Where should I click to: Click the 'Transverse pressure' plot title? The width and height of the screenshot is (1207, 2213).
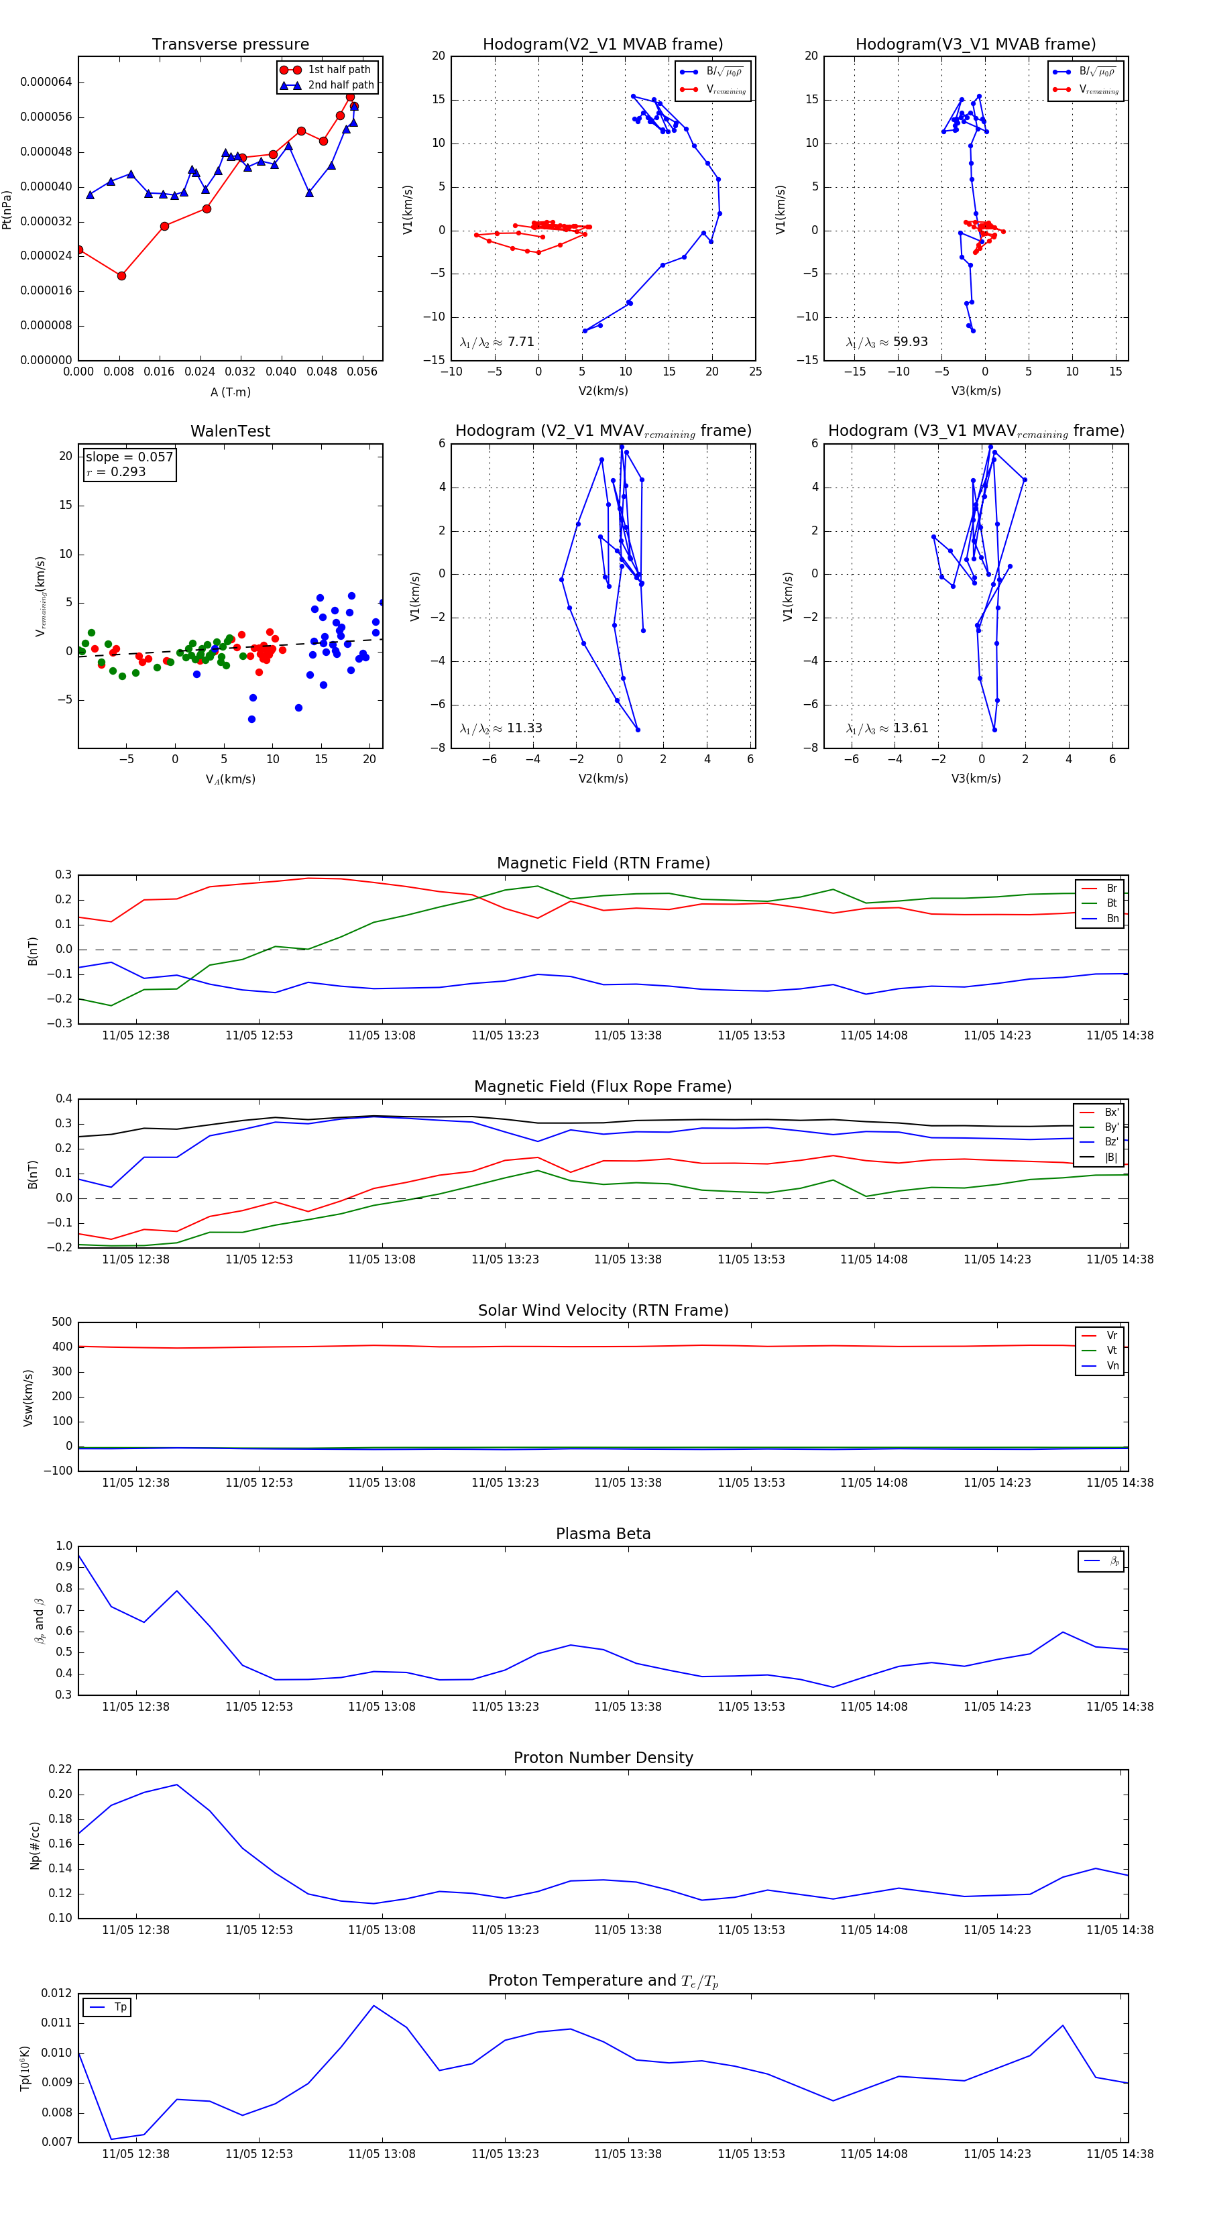click(230, 45)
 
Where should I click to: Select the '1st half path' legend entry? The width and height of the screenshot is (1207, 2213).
click(339, 70)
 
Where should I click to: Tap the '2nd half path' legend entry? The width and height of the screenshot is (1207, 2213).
click(340, 85)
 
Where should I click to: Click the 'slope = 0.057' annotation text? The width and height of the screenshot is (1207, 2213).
click(129, 457)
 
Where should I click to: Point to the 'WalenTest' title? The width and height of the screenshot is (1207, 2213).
click(230, 431)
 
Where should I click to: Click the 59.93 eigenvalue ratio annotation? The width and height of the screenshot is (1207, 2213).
click(910, 342)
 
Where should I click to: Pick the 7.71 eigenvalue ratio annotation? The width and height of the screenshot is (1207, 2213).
click(520, 342)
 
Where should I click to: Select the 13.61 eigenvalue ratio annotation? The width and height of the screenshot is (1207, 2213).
click(910, 728)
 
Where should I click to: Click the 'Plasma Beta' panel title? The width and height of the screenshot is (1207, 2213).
click(603, 1534)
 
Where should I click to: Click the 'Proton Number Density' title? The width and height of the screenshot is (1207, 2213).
click(603, 1758)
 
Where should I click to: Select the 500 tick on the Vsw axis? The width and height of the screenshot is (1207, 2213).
click(62, 1322)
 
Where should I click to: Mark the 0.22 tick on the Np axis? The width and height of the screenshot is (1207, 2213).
click(60, 1770)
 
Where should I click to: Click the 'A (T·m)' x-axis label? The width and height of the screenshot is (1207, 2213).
click(230, 392)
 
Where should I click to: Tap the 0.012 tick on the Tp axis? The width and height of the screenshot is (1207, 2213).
click(57, 1993)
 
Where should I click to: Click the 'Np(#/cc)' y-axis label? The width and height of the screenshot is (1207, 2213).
click(36, 1846)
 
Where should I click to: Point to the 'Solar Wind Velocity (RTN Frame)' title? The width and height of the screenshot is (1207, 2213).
click(603, 1310)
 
